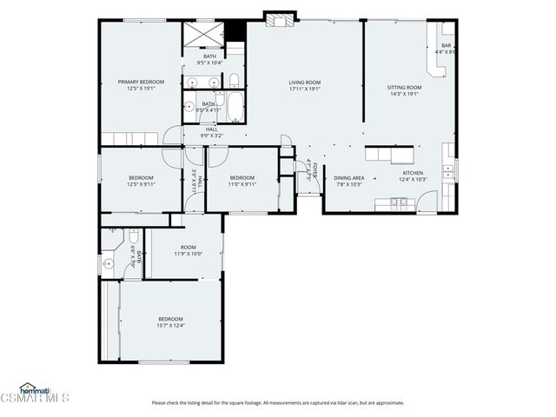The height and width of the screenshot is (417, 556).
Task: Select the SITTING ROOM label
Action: (404, 87)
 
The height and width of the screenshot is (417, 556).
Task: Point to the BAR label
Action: (446, 46)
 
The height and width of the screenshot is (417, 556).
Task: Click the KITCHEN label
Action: (412, 173)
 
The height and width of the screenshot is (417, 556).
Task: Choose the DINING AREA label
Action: (349, 178)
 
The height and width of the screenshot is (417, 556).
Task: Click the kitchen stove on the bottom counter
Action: (398, 203)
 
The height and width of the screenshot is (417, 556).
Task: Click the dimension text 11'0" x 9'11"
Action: (242, 183)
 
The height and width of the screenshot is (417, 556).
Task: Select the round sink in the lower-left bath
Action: (108, 261)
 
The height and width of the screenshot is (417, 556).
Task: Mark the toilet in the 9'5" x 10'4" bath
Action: (233, 82)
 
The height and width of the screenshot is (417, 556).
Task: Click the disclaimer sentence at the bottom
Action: (277, 402)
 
